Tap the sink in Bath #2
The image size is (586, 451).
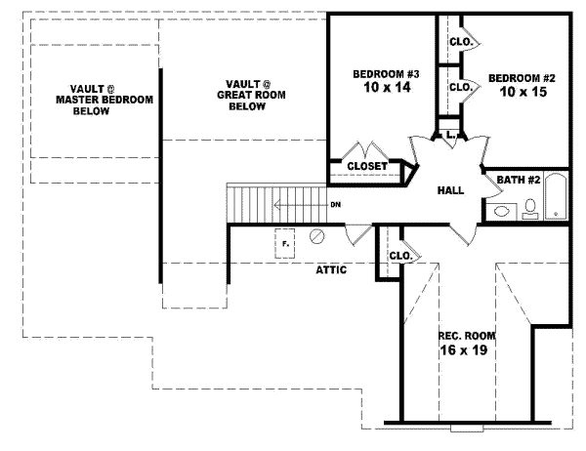(x=503, y=209)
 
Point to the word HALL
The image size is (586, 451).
(x=450, y=190)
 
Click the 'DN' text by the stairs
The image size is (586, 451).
(x=335, y=204)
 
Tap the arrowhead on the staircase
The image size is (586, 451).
(x=278, y=204)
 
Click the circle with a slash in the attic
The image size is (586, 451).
(x=316, y=237)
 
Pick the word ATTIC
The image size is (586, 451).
(x=331, y=269)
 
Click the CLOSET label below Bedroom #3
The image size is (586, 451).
(x=367, y=167)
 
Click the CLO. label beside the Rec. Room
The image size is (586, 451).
(x=401, y=257)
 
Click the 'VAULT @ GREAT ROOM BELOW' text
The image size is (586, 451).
(x=247, y=96)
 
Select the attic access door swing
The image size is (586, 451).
(x=358, y=234)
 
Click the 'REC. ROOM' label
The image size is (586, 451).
(x=461, y=335)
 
